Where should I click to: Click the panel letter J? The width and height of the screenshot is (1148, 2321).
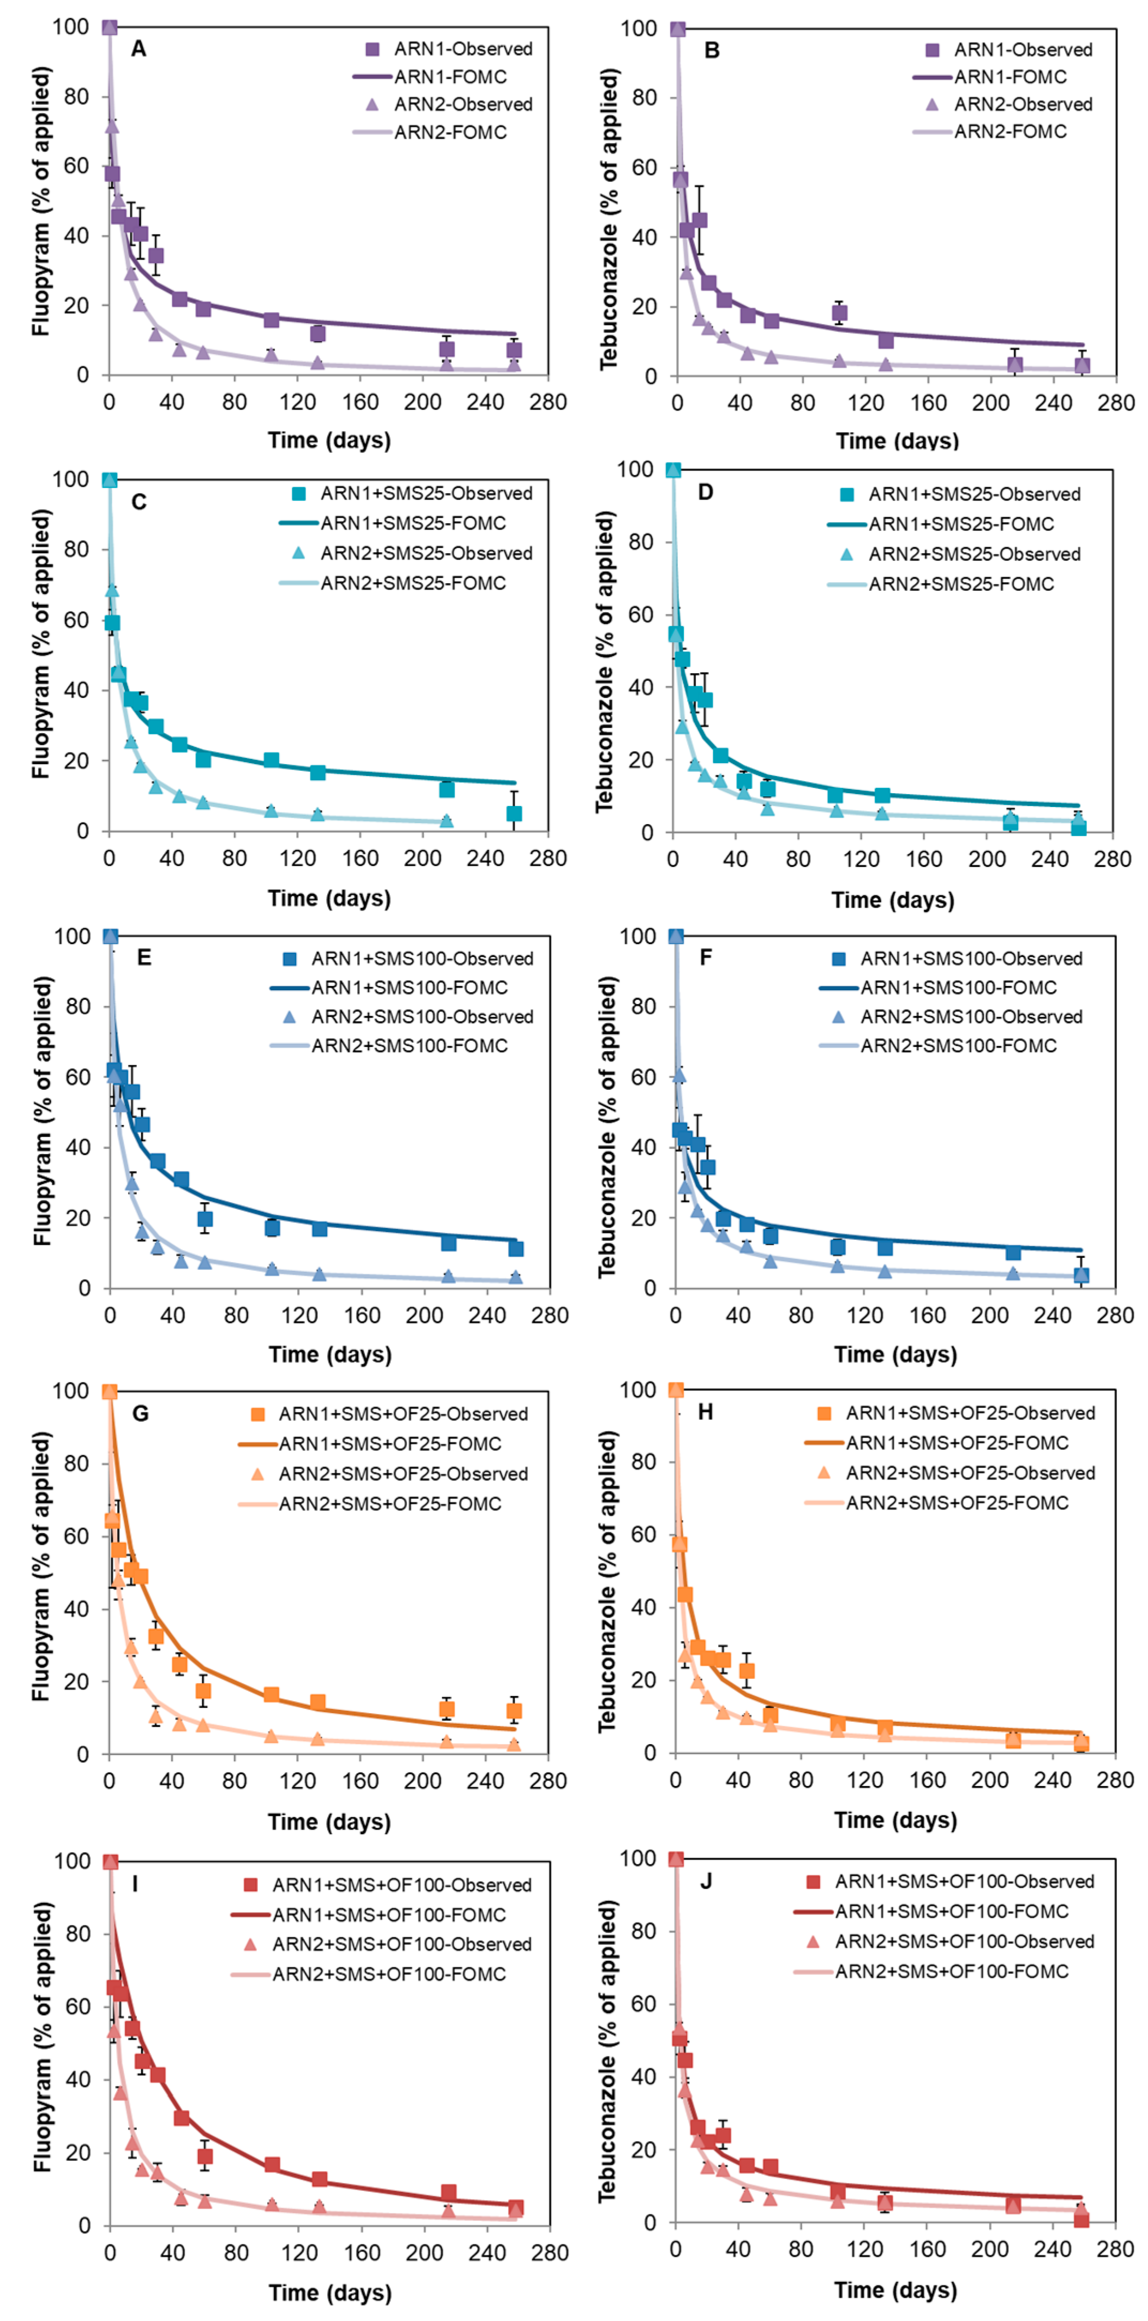pos(706,1881)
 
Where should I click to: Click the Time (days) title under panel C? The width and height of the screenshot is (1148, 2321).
pos(329,898)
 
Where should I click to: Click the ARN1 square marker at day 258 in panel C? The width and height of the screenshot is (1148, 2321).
pos(513,813)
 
